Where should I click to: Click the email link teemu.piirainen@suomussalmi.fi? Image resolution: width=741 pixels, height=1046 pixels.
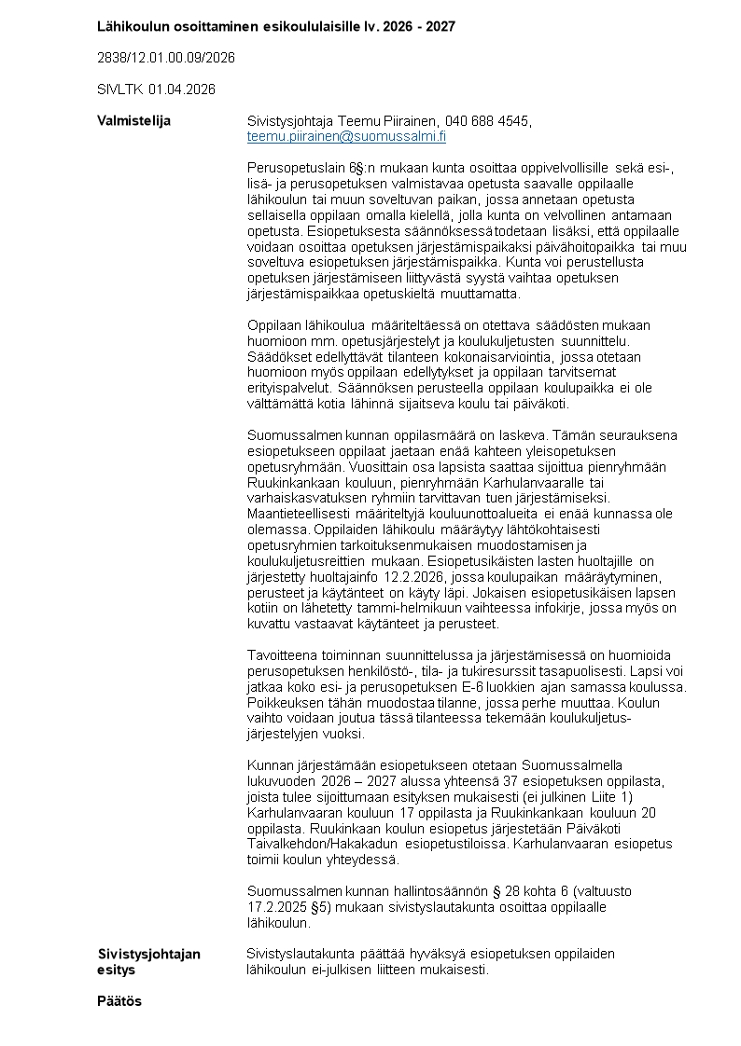coord(346,136)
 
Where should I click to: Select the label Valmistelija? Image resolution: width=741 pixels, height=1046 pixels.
coord(133,121)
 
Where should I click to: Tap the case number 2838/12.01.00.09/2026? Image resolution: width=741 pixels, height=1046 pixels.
coord(166,58)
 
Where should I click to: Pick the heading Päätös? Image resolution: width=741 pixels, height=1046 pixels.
coord(119,1001)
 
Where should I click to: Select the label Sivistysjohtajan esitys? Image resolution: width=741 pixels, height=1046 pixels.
coord(149,961)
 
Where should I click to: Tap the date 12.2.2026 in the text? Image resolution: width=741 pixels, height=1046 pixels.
coord(413,575)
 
